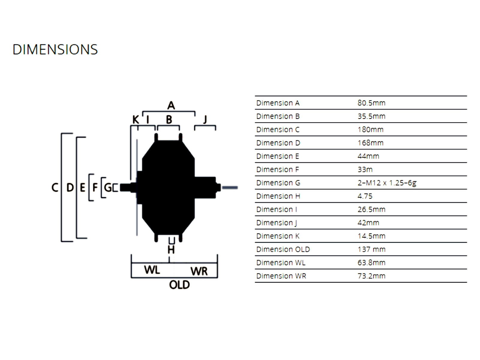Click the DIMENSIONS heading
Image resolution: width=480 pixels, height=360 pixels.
coord(55,49)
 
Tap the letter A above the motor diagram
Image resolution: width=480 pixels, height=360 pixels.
coord(171,105)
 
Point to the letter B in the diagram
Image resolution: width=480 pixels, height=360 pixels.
coord(169,119)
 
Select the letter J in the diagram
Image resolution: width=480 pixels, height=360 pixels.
coord(205,119)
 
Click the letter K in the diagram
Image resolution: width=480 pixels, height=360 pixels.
coord(136,120)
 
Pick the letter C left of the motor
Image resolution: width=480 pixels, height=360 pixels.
coord(55,187)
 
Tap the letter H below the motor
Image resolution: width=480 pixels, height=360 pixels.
coord(171,250)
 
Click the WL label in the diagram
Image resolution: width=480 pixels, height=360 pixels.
coord(152,270)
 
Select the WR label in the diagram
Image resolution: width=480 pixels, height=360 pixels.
coord(199,271)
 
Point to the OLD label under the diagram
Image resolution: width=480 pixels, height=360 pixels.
coord(179,285)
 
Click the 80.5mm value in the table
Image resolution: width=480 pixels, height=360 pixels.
coord(371,103)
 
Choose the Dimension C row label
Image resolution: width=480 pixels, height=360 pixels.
coord(278,130)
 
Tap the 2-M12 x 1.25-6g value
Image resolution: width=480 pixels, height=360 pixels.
coord(387,183)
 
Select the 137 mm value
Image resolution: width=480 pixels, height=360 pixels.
coord(371,249)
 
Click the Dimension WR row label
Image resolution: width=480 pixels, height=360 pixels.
coord(281,276)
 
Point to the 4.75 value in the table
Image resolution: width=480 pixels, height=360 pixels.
coord(365,196)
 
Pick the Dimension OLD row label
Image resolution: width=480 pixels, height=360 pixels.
coord(283,249)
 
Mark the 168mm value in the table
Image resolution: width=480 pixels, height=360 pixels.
coord(370,143)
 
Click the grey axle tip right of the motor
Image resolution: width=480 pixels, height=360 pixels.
coord(230,188)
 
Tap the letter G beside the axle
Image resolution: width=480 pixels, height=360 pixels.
coord(108,187)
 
